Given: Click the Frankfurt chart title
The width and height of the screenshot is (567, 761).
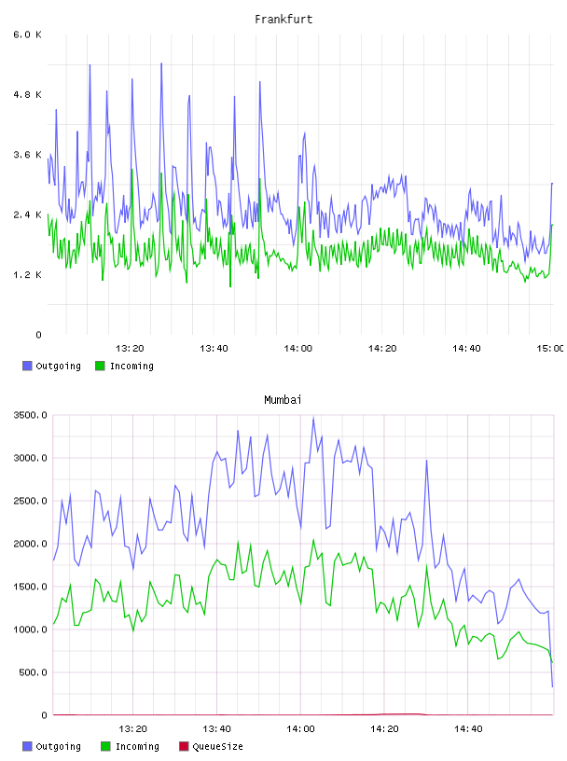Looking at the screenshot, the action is pyautogui.click(x=283, y=20).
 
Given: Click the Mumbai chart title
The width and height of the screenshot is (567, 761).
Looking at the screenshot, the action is pyautogui.click(x=283, y=400).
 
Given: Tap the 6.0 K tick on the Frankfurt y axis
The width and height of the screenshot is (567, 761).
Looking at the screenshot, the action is pyautogui.click(x=28, y=35).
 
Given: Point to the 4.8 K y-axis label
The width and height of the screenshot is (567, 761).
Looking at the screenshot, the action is pyautogui.click(x=28, y=94).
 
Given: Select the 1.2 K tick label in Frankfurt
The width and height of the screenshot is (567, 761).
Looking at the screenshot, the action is pyautogui.click(x=28, y=275).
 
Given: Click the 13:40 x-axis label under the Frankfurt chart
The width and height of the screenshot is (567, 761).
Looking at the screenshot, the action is pyautogui.click(x=214, y=349).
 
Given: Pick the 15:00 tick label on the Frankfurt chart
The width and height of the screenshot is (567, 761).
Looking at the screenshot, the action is pyautogui.click(x=550, y=349).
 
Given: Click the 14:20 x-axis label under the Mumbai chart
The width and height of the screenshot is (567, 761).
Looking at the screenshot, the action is pyautogui.click(x=384, y=729).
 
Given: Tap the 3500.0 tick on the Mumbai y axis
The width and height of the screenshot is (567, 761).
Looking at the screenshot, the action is pyautogui.click(x=30, y=415).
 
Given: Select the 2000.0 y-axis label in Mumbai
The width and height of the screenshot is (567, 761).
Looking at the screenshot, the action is pyautogui.click(x=30, y=544).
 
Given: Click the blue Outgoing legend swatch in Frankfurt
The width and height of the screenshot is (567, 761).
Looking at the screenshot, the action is pyautogui.click(x=27, y=366).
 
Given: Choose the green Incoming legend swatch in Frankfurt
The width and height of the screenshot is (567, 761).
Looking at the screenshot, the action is pyautogui.click(x=100, y=366).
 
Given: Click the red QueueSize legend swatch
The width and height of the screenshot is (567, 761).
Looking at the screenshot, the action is pyautogui.click(x=184, y=746).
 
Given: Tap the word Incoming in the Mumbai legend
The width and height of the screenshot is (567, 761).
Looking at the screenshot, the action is pyautogui.click(x=137, y=746).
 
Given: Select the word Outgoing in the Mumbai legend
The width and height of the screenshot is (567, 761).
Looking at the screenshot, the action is pyautogui.click(x=58, y=746).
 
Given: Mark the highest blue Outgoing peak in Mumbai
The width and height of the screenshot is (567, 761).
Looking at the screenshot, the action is pyautogui.click(x=313, y=418).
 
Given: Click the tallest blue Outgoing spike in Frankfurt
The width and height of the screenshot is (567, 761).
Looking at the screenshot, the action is pyautogui.click(x=161, y=63).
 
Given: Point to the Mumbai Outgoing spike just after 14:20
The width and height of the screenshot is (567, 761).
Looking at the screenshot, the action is pyautogui.click(x=427, y=461).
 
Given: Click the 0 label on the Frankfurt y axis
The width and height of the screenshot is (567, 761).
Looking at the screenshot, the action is pyautogui.click(x=39, y=335).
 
